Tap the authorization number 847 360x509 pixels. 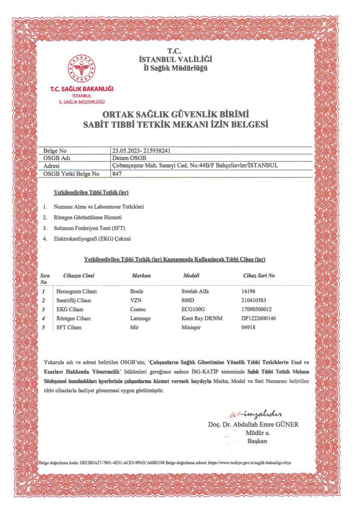pyautogui.click(x=117, y=173)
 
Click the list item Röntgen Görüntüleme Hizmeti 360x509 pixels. pyautogui.click(x=88, y=217)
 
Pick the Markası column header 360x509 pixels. pyautogui.click(x=141, y=275)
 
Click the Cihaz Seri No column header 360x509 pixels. pyautogui.click(x=259, y=275)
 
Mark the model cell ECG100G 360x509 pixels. pyautogui.click(x=193, y=310)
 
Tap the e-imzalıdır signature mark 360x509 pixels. pyautogui.click(x=256, y=415)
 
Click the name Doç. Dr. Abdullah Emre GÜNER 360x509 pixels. pyautogui.click(x=253, y=424)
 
